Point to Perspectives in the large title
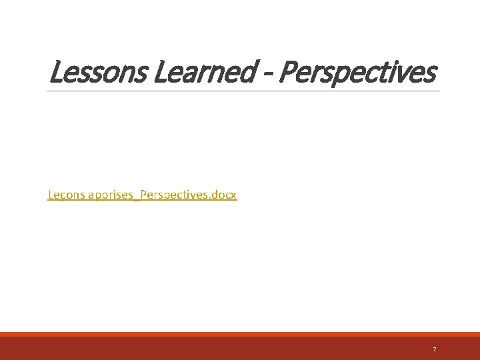coord(357,73)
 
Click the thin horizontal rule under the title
coord(244,91)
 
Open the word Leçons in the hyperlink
coord(63,195)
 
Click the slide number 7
coord(435,349)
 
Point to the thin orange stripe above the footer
coord(240,334)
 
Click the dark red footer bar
coord(240,349)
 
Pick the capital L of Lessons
coord(55,73)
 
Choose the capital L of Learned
coord(160,73)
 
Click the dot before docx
coord(211,199)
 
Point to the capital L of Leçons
coord(51,195)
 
